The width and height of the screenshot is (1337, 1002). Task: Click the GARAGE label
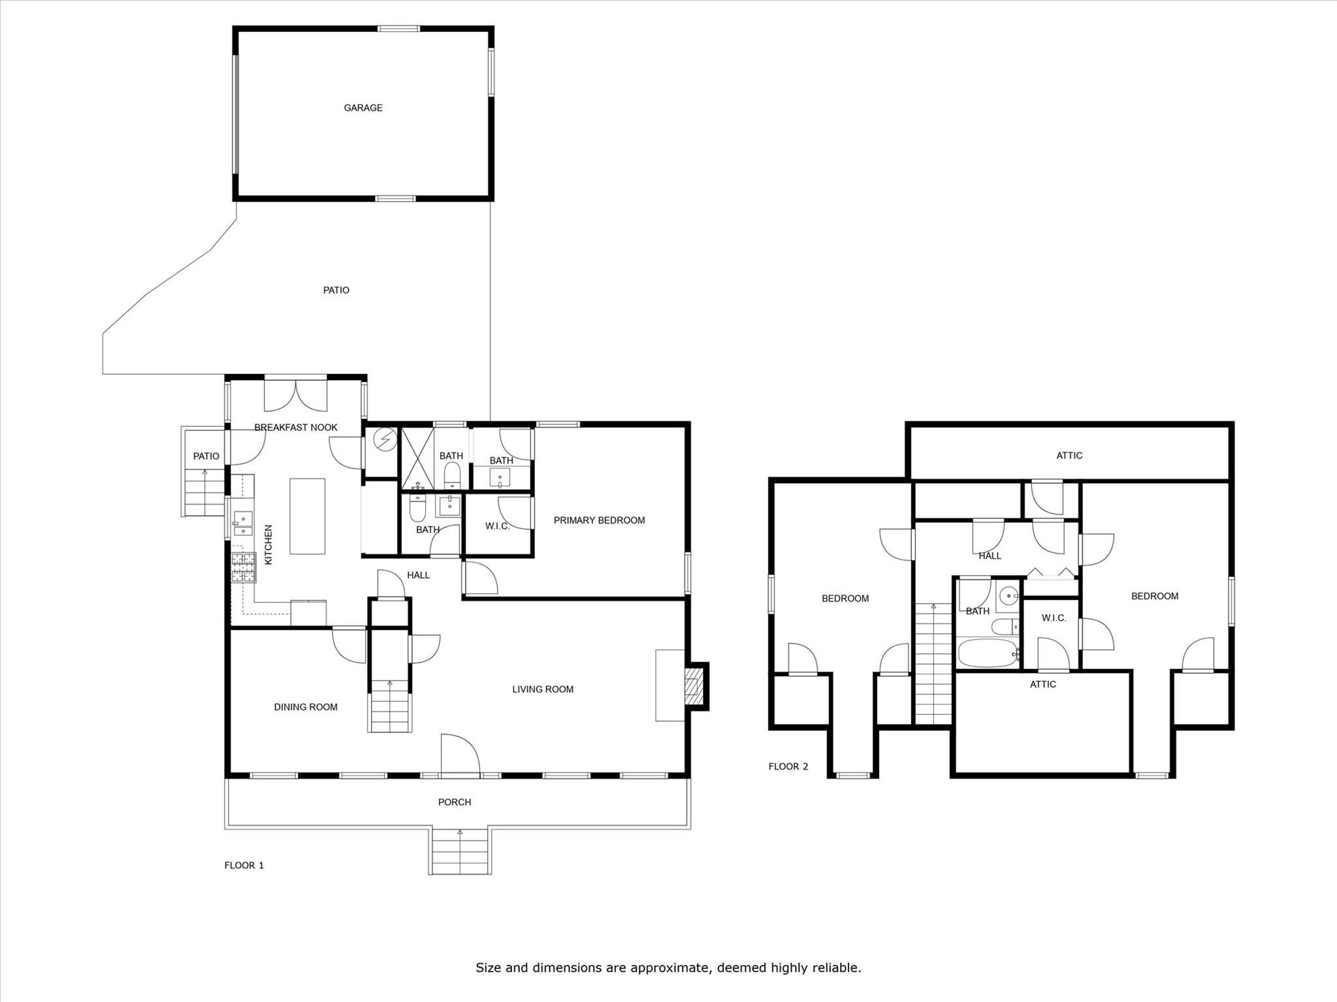click(363, 108)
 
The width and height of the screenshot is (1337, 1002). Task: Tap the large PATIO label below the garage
click(336, 290)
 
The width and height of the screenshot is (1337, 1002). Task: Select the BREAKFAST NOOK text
click(296, 428)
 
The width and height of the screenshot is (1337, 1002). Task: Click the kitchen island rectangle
click(307, 516)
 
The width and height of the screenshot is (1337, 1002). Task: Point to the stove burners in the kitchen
click(243, 567)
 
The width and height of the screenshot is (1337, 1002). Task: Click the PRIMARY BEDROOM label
click(599, 520)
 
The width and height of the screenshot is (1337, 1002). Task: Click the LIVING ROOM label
click(542, 689)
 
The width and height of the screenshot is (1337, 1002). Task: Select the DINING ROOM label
click(306, 707)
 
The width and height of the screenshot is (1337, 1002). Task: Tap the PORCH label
click(455, 802)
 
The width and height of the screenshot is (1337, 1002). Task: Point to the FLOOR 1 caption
click(244, 866)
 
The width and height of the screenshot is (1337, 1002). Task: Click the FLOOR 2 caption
click(788, 766)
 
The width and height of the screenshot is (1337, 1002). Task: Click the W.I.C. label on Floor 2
click(1054, 618)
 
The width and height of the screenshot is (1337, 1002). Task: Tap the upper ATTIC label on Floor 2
click(1069, 456)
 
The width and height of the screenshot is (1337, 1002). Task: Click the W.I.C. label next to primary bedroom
click(497, 526)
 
